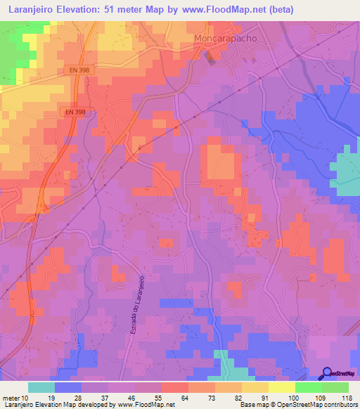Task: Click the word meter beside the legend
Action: point(11,397)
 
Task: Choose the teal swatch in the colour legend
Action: point(41,387)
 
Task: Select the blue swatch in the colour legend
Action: point(68,387)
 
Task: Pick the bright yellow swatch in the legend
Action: point(282,387)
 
